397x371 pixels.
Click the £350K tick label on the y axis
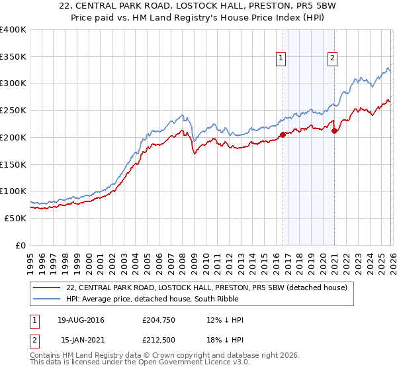tap(13, 57)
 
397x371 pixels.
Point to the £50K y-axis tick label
tap(15, 218)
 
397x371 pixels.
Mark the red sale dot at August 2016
tap(283, 134)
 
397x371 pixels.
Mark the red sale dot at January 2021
tap(334, 131)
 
